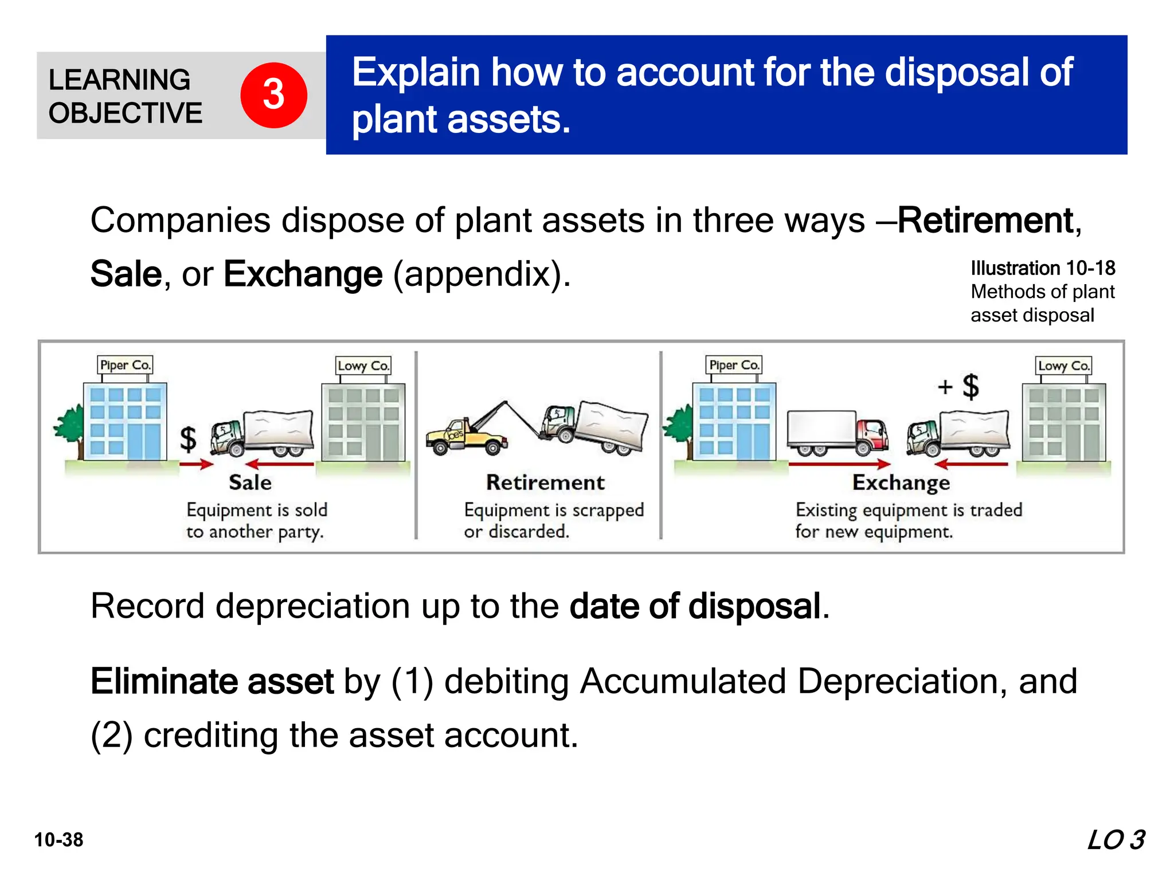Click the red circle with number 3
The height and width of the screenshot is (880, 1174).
pyautogui.click(x=273, y=95)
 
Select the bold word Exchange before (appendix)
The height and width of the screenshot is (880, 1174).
pyautogui.click(x=303, y=274)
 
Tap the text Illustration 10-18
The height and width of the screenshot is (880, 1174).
pyautogui.click(x=1043, y=268)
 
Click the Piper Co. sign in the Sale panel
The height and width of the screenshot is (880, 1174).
pyautogui.click(x=125, y=365)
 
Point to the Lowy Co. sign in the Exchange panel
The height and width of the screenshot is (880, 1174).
pyautogui.click(x=1063, y=366)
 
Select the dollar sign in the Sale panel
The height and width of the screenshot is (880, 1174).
pyautogui.click(x=188, y=439)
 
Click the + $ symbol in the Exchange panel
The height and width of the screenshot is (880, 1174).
pyautogui.click(x=959, y=387)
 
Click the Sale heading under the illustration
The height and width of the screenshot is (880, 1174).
pyautogui.click(x=250, y=482)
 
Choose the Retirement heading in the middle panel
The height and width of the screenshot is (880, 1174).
pyautogui.click(x=545, y=482)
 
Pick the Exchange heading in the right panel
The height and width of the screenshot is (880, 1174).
pyautogui.click(x=901, y=482)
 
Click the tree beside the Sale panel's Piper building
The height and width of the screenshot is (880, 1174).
pyautogui.click(x=70, y=425)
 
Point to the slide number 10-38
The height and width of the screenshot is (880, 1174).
pyautogui.click(x=58, y=840)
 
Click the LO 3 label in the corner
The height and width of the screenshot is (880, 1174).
pyautogui.click(x=1116, y=840)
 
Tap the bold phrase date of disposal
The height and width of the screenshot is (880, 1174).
pyautogui.click(x=695, y=606)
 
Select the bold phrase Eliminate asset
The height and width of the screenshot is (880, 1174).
pyautogui.click(x=212, y=681)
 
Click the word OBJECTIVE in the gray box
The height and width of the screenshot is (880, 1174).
pyautogui.click(x=126, y=113)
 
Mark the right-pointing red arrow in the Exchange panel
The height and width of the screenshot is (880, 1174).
pyautogui.click(x=839, y=464)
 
